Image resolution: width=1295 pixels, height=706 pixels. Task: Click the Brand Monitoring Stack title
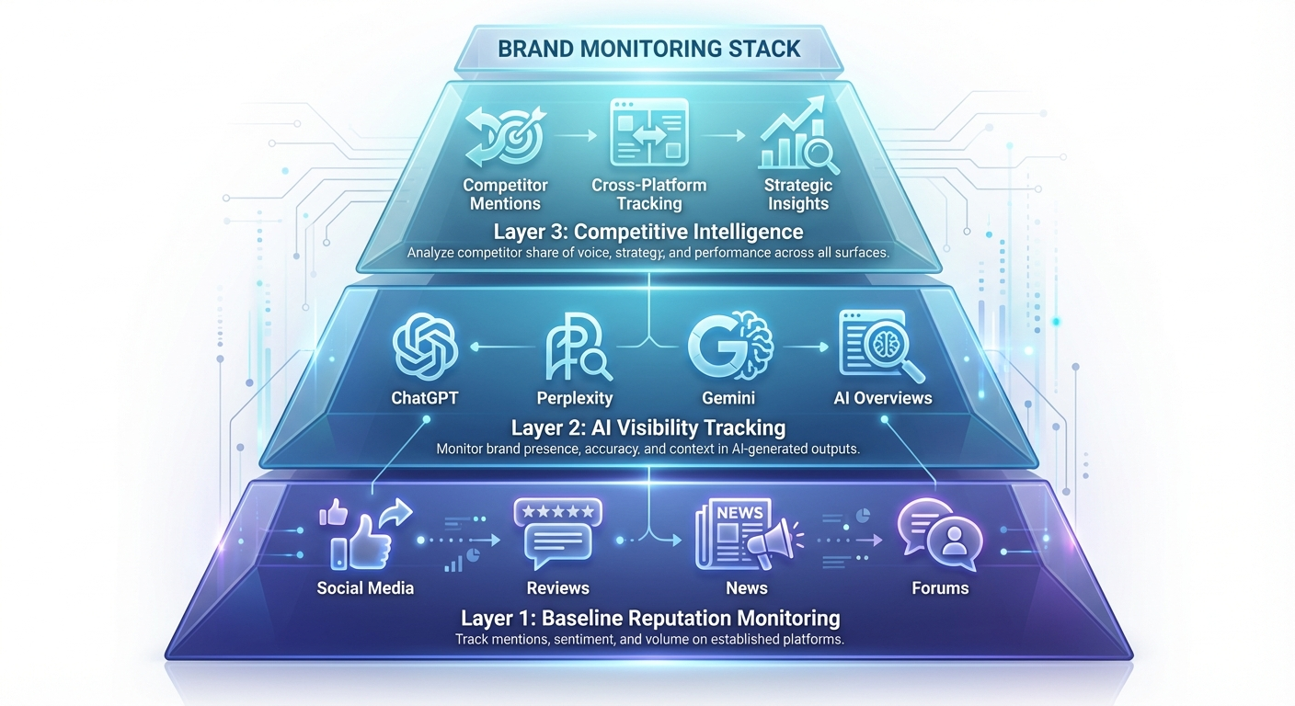648,48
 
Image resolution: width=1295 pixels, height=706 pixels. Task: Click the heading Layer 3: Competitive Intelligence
648,231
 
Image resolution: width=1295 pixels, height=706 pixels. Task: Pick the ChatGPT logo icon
424,346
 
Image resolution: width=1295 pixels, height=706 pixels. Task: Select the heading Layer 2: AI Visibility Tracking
648,427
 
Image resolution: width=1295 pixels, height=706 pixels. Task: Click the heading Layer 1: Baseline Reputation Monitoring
649,617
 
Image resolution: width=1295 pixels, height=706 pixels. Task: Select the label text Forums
940,587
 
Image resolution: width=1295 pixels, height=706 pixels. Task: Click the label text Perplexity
574,398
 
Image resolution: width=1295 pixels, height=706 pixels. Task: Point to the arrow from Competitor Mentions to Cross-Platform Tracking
577,136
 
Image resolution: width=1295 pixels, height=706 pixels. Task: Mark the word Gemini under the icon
728,398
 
